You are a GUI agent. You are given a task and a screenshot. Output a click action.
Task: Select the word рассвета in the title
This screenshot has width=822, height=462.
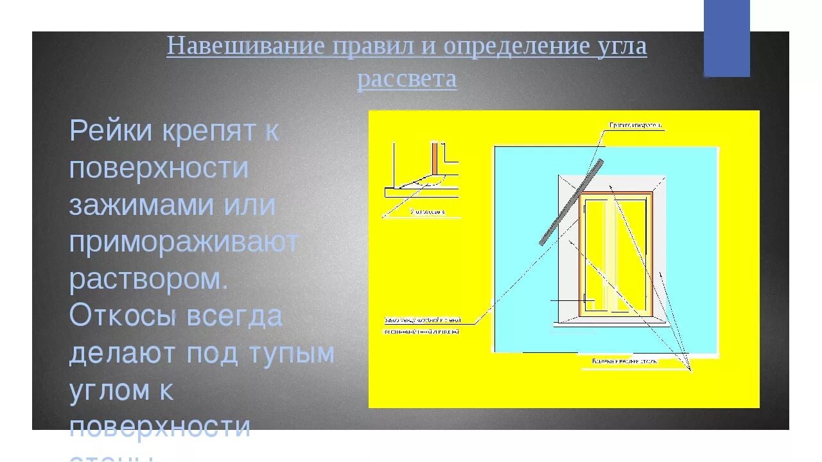pyautogui.click(x=407, y=80)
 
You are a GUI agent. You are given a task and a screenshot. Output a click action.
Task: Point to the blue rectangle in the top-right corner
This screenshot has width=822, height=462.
pyautogui.click(x=726, y=38)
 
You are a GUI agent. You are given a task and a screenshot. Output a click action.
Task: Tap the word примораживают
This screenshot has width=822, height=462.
pyautogui.click(x=184, y=243)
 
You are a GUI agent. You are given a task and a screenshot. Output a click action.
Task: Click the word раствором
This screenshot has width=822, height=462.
pyautogui.click(x=148, y=279)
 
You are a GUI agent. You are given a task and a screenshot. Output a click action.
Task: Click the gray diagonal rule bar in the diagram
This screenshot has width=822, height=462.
pyautogui.click(x=571, y=201)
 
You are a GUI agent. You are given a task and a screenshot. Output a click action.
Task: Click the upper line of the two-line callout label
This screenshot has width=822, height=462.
pyautogui.click(x=423, y=319)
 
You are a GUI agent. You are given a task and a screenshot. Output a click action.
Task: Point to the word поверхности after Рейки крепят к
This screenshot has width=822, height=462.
pyautogui.click(x=159, y=168)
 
